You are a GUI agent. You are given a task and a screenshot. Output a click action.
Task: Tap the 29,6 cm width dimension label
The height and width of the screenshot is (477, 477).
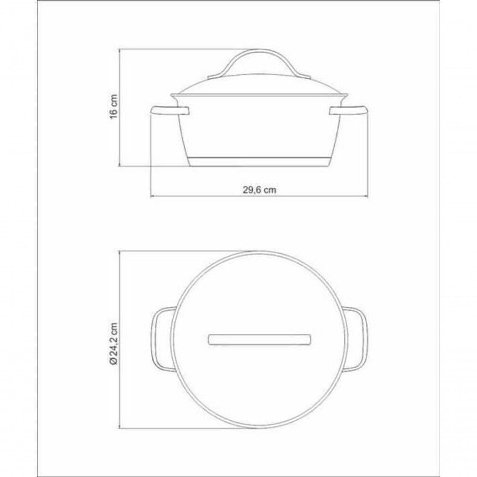pyautogui.click(x=259, y=190)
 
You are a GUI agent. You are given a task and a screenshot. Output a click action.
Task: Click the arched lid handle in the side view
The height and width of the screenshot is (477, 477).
pyautogui.click(x=259, y=61)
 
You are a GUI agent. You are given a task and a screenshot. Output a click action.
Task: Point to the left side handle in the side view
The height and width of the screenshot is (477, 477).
pyautogui.click(x=170, y=111)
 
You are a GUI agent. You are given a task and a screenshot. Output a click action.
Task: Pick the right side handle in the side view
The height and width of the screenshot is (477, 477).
pyautogui.click(x=349, y=111)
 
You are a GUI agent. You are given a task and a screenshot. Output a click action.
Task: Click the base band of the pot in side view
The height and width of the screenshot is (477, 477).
pyautogui.click(x=259, y=162)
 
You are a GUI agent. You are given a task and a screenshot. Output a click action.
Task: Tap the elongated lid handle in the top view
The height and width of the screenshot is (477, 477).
pyautogui.click(x=259, y=340)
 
